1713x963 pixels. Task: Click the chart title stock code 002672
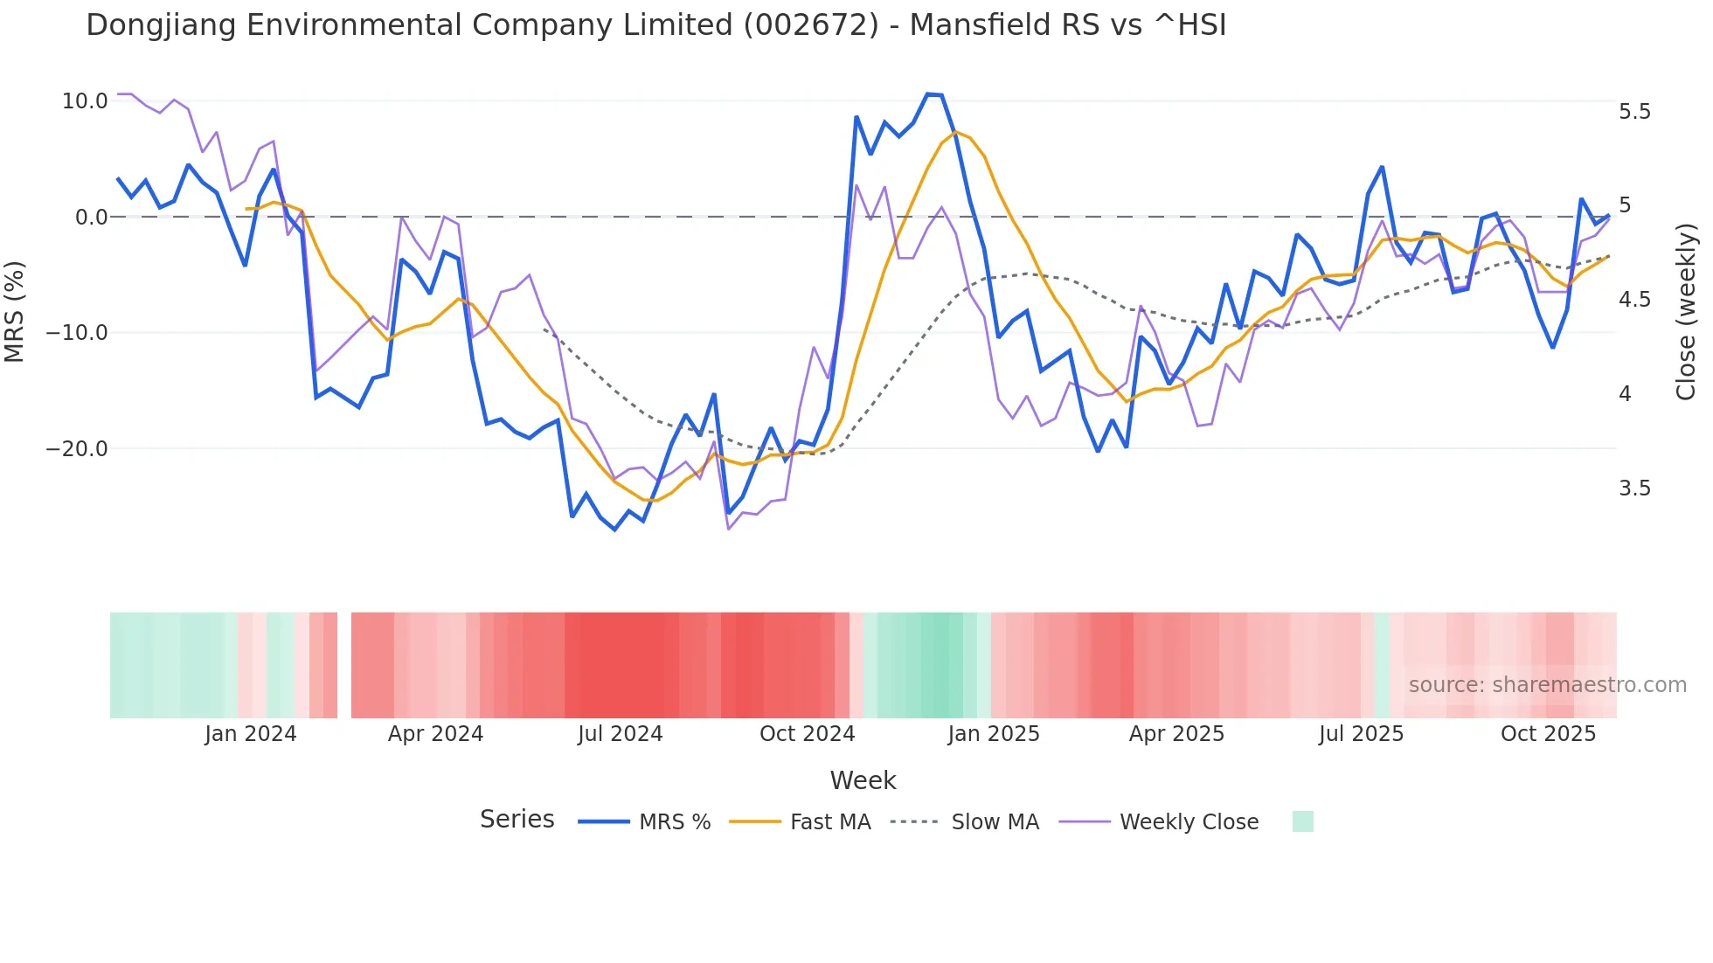click(x=811, y=25)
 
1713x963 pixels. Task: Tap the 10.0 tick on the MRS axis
click(x=85, y=101)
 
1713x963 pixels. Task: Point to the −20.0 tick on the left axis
click(x=77, y=449)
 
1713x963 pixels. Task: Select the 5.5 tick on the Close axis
click(x=1634, y=112)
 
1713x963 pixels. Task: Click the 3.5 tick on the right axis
click(x=1634, y=488)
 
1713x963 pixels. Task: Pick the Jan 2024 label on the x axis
click(x=251, y=734)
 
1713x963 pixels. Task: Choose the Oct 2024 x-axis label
click(x=807, y=734)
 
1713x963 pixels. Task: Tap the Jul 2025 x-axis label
click(x=1361, y=734)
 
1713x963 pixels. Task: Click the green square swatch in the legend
click(x=1302, y=821)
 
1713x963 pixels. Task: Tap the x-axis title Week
click(x=863, y=780)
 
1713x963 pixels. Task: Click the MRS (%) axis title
click(x=15, y=311)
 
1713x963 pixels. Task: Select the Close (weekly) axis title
click(x=1686, y=311)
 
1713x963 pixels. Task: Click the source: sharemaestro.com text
click(x=1547, y=685)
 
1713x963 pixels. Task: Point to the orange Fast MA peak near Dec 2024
click(x=955, y=132)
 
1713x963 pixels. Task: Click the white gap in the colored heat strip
click(x=344, y=665)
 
